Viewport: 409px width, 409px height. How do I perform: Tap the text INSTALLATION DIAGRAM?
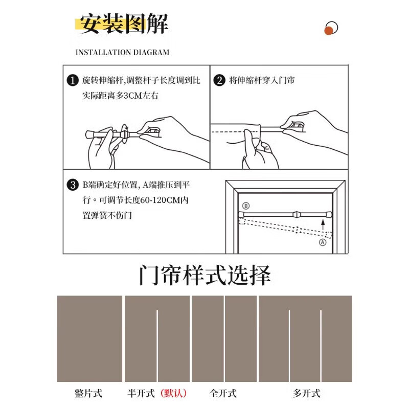click(122, 52)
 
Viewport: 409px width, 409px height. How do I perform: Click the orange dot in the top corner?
click(329, 31)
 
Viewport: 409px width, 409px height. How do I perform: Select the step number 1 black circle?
click(73, 81)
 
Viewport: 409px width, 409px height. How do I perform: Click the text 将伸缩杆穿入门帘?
click(261, 81)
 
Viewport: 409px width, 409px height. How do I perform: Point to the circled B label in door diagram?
click(245, 206)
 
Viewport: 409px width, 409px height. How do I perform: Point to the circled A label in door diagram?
click(323, 243)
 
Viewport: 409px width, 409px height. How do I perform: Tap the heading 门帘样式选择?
click(204, 276)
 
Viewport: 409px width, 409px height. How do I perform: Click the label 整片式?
click(88, 393)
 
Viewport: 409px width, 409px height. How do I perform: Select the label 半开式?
click(141, 393)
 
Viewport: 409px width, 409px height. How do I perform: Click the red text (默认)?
click(174, 393)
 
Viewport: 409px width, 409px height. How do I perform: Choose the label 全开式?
click(223, 393)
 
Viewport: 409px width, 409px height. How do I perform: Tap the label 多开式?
click(306, 393)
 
